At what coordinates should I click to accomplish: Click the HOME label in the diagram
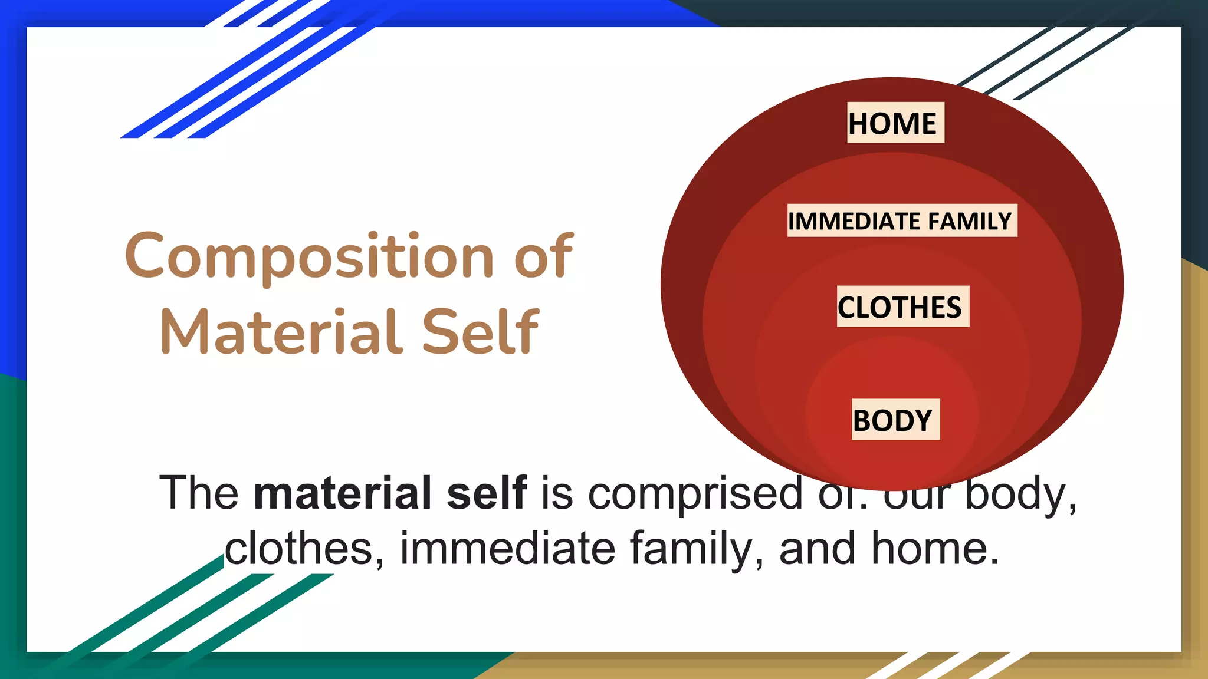(895, 123)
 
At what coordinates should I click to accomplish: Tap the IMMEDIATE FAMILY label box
(902, 221)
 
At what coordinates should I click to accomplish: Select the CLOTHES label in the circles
(902, 307)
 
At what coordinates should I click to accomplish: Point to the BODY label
(895, 420)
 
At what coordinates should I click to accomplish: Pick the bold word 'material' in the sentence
(343, 493)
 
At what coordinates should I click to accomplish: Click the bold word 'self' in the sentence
(487, 493)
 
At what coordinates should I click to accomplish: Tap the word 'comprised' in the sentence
(696, 493)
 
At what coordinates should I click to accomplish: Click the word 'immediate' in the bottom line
(508, 549)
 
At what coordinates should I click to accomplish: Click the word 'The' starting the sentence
(199, 493)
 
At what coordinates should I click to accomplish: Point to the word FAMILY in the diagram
(970, 221)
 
